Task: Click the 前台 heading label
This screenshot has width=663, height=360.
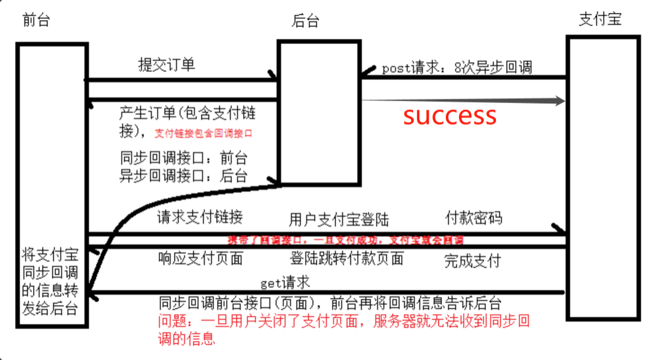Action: coord(36,20)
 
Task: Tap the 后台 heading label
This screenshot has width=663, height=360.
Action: coord(306,21)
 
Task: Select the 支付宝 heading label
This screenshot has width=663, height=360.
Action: coord(600,19)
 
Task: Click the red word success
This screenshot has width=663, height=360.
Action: coord(450,116)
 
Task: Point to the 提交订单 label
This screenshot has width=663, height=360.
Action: coord(166,65)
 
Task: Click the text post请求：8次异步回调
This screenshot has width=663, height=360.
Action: coord(456,68)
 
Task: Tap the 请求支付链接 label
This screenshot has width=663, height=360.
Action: coord(200,217)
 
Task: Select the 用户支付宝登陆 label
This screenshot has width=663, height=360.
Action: coord(339,220)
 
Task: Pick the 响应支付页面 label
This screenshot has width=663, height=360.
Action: coord(200,258)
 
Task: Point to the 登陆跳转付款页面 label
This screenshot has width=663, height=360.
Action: coord(347,258)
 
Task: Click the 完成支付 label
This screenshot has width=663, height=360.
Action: coord(472,260)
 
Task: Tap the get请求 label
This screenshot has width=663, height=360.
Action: coord(285,281)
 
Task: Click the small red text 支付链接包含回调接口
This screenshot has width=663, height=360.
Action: coord(207,133)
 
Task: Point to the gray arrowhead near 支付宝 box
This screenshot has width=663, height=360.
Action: coord(558,101)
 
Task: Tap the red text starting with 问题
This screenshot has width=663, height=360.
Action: coord(343,329)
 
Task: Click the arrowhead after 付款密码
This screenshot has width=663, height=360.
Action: coord(556,228)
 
